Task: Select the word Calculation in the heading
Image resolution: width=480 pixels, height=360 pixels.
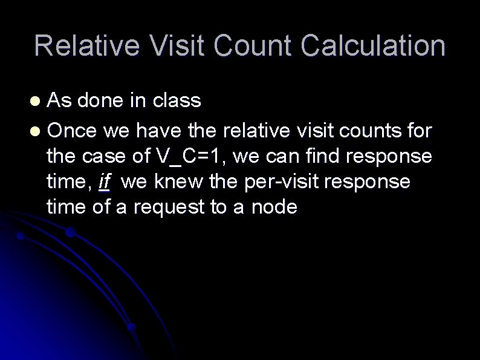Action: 372,46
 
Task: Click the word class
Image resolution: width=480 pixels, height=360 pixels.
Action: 177,100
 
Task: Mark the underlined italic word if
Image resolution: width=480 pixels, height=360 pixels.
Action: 103,181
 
